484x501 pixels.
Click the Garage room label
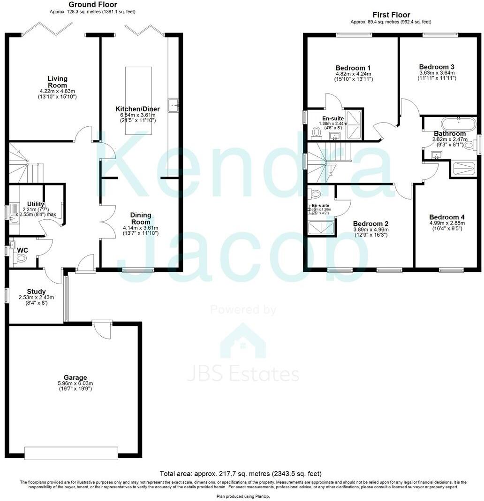tap(76, 377)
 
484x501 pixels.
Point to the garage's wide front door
tap(71, 453)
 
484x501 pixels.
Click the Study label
tap(36, 292)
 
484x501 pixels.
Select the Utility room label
tap(36, 204)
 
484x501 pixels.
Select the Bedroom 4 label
tap(447, 217)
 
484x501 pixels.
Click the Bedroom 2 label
tap(371, 224)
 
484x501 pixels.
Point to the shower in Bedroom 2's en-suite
tap(322, 228)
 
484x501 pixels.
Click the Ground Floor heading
tap(93, 5)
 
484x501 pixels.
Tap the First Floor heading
tap(391, 15)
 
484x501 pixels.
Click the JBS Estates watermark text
tap(243, 374)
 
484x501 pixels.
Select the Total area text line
tap(241, 474)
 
